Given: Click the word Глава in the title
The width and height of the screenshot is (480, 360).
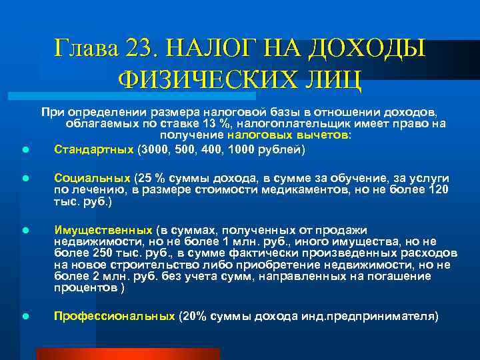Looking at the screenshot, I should point(86,49).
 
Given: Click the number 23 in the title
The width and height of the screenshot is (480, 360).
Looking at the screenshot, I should point(139,49).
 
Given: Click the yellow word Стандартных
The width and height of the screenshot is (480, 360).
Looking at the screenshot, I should point(93,149).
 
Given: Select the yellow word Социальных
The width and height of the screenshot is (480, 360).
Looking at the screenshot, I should point(92,179).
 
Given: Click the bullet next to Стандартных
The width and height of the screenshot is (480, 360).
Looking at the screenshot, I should point(23,151).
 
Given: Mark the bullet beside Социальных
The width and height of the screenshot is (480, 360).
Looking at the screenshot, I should point(23,180).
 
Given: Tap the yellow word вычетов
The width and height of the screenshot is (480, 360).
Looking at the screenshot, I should point(326,135).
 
